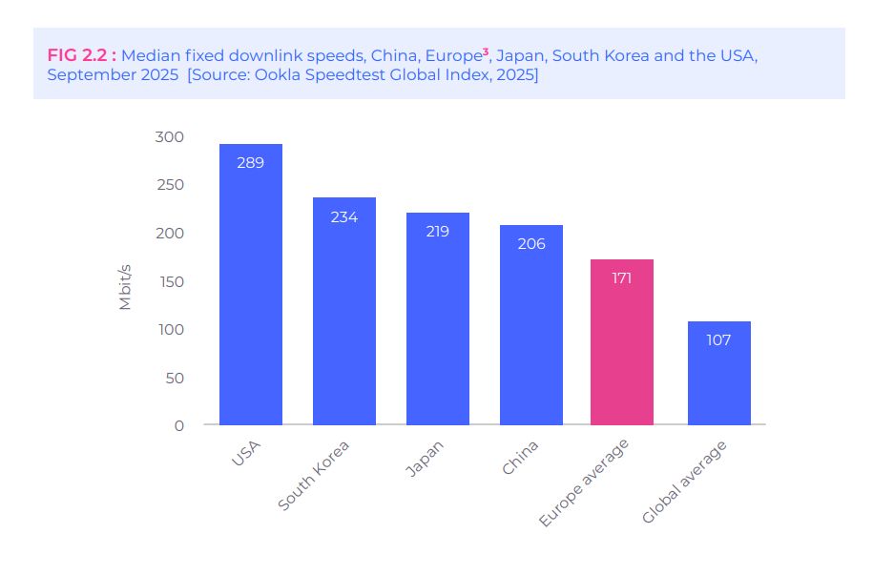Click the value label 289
(250, 163)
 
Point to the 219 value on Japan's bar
(437, 232)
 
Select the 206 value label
(530, 244)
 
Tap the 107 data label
(718, 340)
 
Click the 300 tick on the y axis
(169, 136)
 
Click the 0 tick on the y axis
(178, 425)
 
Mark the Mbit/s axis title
(125, 282)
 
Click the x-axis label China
(520, 457)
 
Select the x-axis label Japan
(425, 458)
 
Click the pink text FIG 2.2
(81, 55)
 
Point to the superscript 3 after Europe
(486, 51)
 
